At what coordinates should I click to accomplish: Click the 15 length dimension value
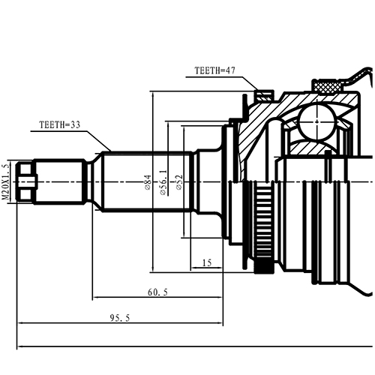click(x=207, y=263)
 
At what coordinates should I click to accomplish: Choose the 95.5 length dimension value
click(x=119, y=318)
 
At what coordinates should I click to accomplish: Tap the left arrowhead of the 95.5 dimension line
click(x=19, y=324)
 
